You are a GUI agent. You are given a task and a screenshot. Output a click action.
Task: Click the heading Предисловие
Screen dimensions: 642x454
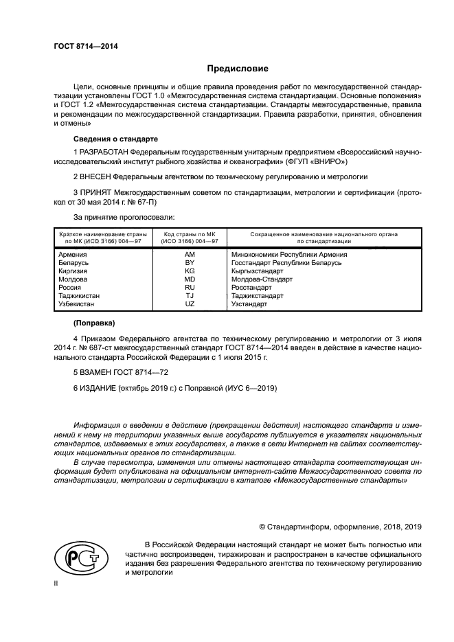coord(238,68)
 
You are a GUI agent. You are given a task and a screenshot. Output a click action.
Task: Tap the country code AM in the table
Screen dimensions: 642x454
coord(190,254)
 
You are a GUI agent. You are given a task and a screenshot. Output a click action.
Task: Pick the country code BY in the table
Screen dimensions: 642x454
coord(190,263)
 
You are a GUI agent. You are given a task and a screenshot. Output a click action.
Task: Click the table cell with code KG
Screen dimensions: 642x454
coord(190,271)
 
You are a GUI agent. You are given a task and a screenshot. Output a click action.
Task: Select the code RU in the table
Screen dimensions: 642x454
coord(190,288)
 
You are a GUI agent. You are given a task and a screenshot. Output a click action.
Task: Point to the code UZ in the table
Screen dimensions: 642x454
coord(190,304)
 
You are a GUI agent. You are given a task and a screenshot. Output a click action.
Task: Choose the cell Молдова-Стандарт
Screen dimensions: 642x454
coord(262,279)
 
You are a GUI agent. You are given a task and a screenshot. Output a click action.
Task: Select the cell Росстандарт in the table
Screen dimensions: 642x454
coord(251,288)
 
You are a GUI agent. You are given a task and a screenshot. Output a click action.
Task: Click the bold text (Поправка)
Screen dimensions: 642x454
coord(95,323)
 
